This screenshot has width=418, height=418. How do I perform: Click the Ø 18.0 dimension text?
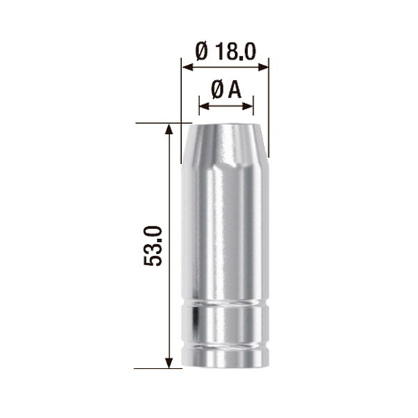(226, 52)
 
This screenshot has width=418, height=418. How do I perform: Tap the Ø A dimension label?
(226, 90)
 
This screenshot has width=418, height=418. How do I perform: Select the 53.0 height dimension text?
(153, 246)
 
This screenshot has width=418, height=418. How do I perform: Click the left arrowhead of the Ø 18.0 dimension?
(187, 67)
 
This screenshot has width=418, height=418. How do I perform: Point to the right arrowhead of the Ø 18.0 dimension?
(263, 67)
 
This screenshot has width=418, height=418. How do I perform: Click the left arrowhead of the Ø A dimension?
(204, 107)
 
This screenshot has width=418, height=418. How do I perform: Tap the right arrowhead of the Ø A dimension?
(247, 107)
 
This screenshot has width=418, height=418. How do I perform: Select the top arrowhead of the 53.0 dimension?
(169, 129)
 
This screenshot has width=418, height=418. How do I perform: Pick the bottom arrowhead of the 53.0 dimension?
(169, 363)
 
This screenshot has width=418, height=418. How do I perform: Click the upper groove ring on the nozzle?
(225, 302)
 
